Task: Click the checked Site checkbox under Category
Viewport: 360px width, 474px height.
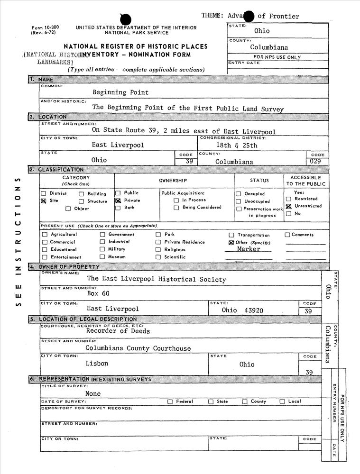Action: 44,201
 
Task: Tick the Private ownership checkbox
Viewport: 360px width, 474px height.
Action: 118,201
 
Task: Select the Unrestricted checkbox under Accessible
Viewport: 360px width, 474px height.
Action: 288,206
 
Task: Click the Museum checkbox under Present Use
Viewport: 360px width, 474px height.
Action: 102,257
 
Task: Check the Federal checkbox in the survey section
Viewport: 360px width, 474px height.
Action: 170,401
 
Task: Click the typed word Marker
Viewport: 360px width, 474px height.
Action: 249,249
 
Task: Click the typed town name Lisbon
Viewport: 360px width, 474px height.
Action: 97,364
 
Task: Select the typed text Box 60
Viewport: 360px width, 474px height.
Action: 98,294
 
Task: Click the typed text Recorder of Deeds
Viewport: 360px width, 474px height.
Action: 118,331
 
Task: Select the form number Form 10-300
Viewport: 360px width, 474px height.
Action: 43,28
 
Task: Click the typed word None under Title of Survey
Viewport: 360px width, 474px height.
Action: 93,393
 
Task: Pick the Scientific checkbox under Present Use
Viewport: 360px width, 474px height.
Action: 158,257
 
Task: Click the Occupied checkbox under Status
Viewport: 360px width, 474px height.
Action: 239,194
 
